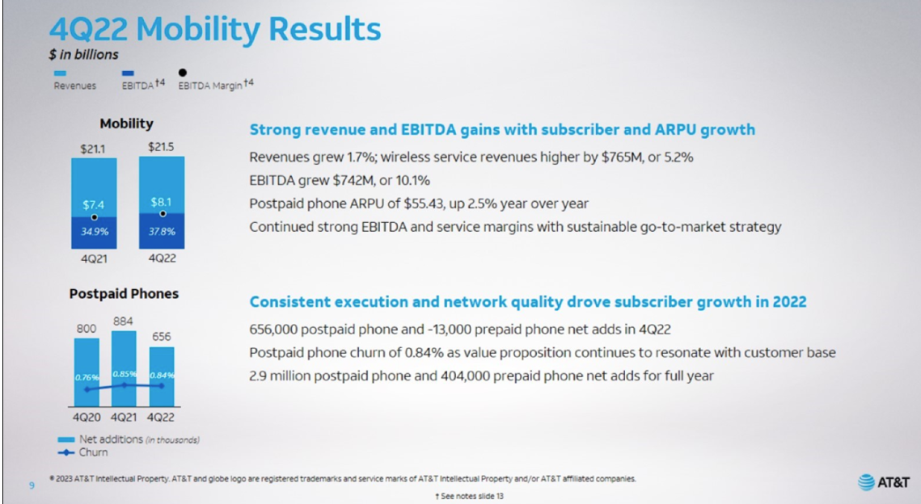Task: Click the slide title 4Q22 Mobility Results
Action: [215, 28]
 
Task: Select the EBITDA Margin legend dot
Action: [183, 73]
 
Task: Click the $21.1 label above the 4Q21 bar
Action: [93, 149]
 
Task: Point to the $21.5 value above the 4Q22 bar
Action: [161, 147]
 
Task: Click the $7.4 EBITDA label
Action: [93, 205]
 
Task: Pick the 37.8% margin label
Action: [162, 232]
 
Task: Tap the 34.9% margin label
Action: [95, 232]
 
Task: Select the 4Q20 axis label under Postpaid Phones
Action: [87, 417]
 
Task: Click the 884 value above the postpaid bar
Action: [124, 321]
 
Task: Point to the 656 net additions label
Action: [162, 337]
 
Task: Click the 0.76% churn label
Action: [87, 377]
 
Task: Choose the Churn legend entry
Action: [82, 452]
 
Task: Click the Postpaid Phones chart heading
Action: [124, 294]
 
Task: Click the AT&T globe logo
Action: [866, 482]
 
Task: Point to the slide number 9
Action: [32, 485]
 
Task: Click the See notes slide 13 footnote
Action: [469, 497]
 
